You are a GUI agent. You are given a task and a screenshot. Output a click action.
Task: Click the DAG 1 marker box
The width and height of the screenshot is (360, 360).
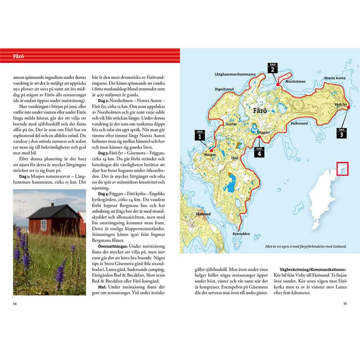(199, 136)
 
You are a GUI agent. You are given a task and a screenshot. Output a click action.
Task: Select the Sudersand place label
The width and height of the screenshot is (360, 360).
(299, 124)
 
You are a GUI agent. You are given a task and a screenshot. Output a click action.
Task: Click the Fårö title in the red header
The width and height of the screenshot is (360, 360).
(19, 56)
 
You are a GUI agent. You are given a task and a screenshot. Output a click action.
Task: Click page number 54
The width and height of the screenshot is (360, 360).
(16, 303)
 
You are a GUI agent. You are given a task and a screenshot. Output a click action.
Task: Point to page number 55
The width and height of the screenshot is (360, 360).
(345, 303)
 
